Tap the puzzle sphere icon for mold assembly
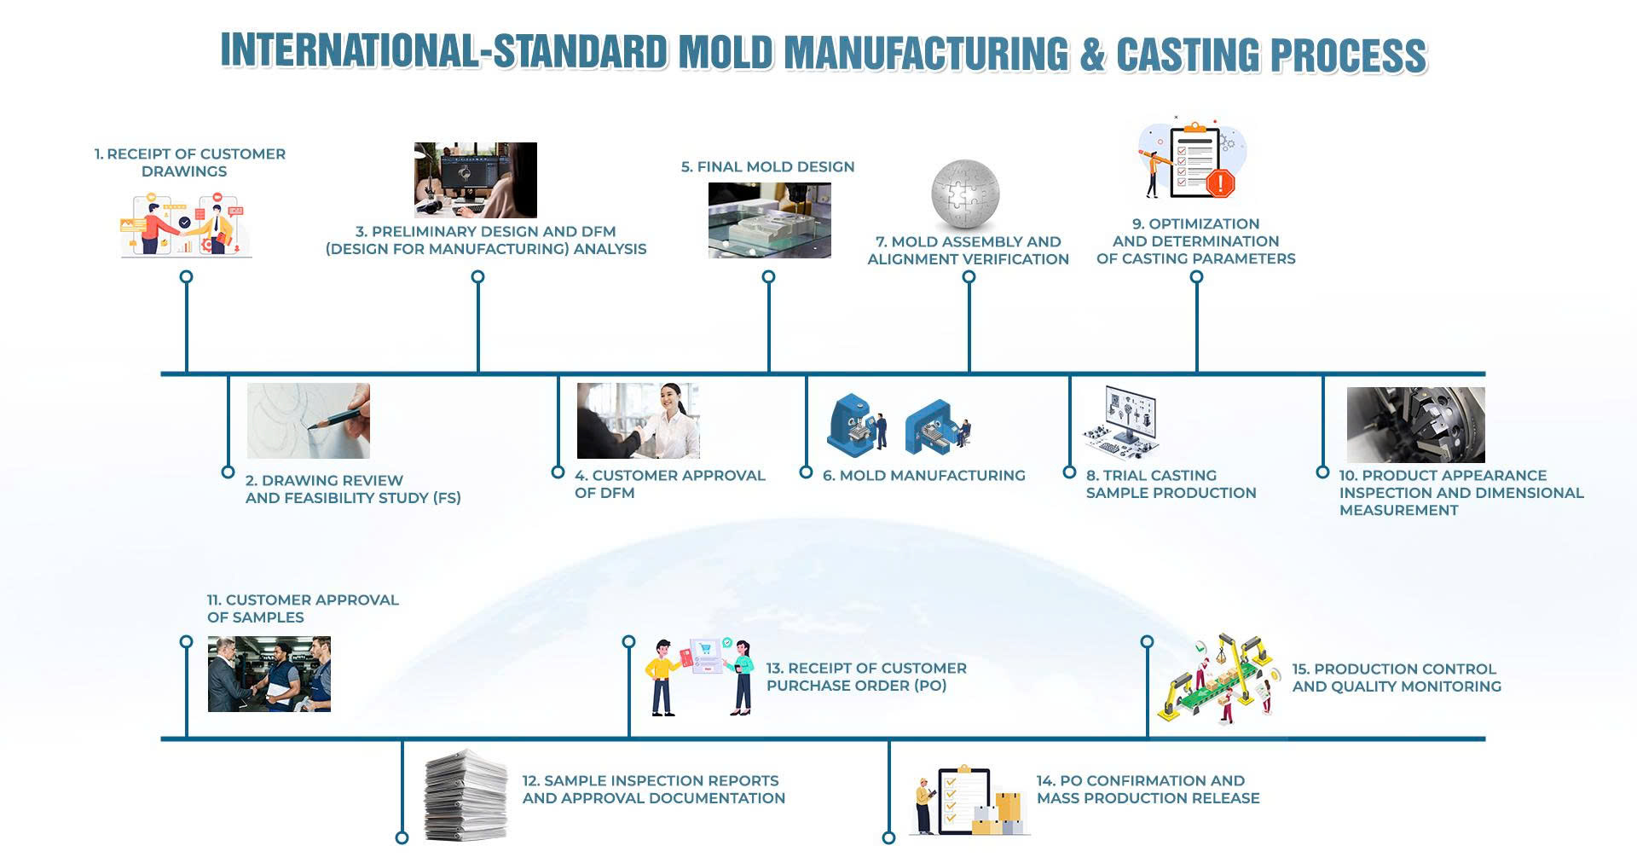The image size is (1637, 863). tap(965, 195)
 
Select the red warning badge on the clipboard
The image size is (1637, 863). tap(1221, 182)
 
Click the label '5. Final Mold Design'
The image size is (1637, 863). tap(767, 167)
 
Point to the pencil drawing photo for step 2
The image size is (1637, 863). tap(309, 420)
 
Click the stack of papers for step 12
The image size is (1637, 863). tap(466, 795)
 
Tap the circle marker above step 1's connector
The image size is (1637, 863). tap(187, 277)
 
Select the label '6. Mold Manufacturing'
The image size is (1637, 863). tap(924, 476)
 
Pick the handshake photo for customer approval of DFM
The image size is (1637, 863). tap(639, 420)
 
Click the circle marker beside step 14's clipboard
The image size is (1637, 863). tap(888, 837)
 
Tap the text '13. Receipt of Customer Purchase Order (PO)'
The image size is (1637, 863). tap(866, 677)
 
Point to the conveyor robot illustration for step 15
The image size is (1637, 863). tap(1216, 680)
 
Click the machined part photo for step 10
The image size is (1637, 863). tap(1416, 425)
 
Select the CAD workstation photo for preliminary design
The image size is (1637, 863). tap(476, 180)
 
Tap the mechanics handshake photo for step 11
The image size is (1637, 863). tap(269, 674)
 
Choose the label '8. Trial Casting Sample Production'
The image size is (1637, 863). tap(1171, 484)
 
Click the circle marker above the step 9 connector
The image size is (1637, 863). tap(1197, 277)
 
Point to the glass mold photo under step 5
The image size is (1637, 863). tap(770, 220)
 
